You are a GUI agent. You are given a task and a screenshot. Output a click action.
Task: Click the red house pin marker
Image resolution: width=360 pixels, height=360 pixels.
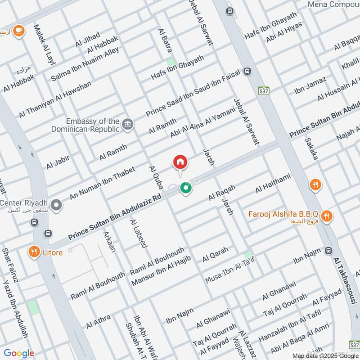point(180,162)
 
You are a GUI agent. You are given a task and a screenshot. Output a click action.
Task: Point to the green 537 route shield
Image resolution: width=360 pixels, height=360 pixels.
point(264,90)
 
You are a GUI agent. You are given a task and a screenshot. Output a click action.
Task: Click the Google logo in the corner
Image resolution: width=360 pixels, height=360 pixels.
point(19,353)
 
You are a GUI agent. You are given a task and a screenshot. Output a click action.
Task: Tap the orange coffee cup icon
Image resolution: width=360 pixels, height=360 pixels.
point(18,30)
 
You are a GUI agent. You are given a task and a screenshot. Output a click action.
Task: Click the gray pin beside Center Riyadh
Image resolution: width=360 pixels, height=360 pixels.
point(56,206)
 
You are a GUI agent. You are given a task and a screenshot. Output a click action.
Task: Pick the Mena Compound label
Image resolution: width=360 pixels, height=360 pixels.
point(333,4)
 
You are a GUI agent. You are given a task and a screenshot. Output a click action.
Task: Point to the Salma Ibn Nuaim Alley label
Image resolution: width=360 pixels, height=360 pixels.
point(85,64)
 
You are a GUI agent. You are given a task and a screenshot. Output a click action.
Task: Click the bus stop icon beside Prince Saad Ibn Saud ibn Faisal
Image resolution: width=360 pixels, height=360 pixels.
point(247,71)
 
